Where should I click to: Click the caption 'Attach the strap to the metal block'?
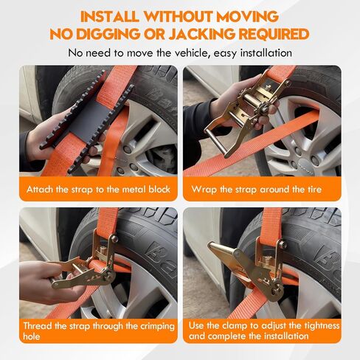(x=98, y=190)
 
